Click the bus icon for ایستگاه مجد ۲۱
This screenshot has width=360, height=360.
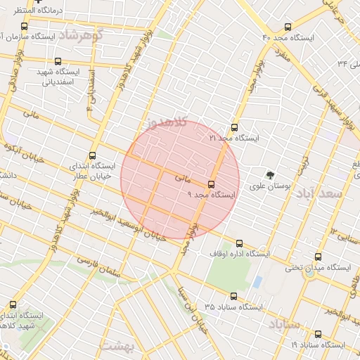tap(234, 127)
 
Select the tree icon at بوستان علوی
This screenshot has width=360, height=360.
tap(269, 174)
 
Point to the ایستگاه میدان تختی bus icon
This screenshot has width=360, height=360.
tap(319, 257)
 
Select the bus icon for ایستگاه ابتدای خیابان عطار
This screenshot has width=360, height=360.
tap(93, 156)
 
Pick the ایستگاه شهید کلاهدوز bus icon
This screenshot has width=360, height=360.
tap(13, 305)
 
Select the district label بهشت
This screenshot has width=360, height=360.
tap(117, 346)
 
